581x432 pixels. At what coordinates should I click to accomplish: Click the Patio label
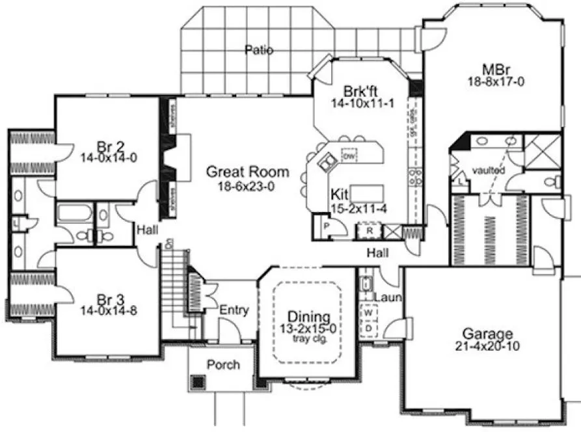259,50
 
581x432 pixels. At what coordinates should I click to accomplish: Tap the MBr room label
491,69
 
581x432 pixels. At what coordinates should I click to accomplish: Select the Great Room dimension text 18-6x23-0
247,185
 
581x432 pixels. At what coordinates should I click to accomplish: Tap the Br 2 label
108,145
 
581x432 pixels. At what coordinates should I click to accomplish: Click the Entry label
234,310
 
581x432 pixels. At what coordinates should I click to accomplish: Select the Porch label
223,364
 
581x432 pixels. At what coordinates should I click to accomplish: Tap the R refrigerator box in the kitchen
369,230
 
